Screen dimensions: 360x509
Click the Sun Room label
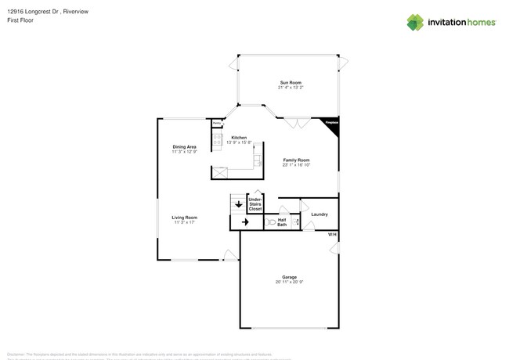point(291,83)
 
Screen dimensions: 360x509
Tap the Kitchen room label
point(239,138)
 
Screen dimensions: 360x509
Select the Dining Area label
point(185,147)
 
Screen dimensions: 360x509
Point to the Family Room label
point(297,160)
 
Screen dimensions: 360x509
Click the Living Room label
point(185,218)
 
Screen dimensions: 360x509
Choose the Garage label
point(290,278)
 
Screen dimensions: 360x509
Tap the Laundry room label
point(319,214)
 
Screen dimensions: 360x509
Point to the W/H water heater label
point(332,235)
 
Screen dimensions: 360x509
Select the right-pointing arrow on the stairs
point(245,223)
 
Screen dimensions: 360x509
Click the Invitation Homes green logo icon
point(416,22)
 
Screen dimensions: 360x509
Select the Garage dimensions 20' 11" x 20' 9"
point(290,283)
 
